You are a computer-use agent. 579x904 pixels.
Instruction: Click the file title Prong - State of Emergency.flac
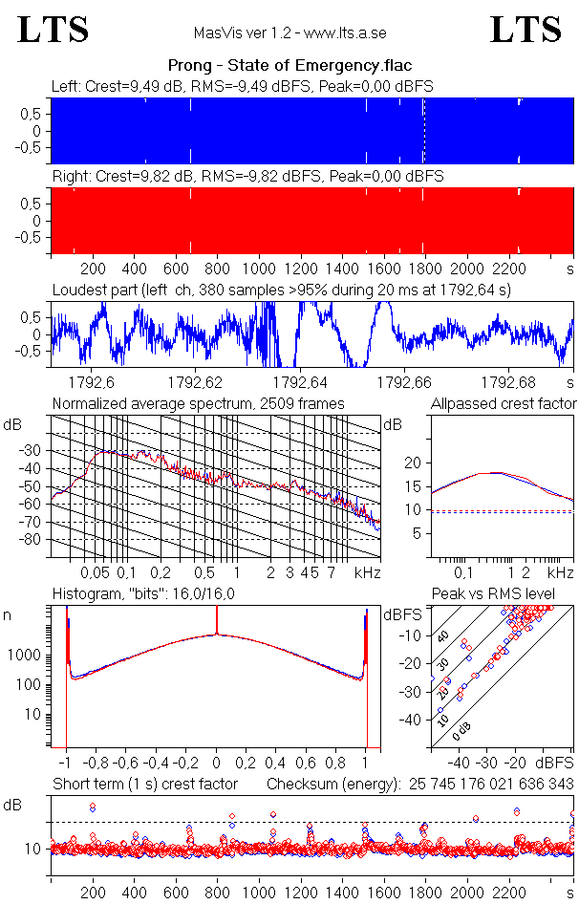tap(289, 66)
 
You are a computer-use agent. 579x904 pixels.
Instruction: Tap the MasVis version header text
tap(289, 32)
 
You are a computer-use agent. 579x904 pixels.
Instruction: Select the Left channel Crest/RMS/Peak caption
tap(243, 86)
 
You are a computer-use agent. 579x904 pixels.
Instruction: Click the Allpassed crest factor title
tap(504, 403)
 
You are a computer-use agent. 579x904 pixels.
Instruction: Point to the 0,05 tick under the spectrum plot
tap(95, 572)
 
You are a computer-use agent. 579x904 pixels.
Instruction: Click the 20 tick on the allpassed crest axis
tap(413, 463)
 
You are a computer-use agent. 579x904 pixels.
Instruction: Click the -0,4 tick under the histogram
tap(156, 764)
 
